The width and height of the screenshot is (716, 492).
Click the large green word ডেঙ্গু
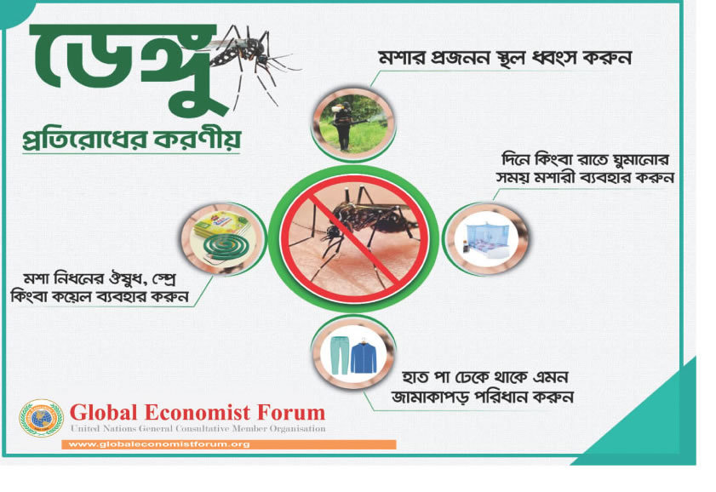click(x=128, y=68)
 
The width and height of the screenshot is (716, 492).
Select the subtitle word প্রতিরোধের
click(x=85, y=140)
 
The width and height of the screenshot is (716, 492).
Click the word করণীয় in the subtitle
click(x=198, y=140)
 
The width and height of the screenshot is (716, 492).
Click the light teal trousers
click(x=340, y=355)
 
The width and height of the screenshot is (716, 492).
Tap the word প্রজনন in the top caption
click(x=461, y=59)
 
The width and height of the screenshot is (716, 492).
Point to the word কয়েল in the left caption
click(x=83, y=297)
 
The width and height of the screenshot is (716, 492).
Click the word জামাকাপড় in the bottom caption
click(x=430, y=397)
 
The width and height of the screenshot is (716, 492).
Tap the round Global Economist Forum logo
click(x=41, y=418)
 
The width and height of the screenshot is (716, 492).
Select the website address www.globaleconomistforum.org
click(x=158, y=444)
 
